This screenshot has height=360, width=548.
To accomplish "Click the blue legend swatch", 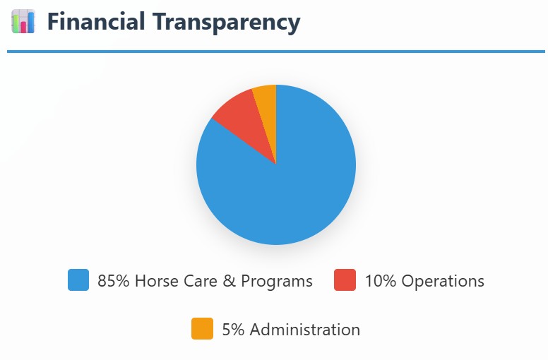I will [78, 280].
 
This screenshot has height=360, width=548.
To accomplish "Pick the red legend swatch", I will [345, 280].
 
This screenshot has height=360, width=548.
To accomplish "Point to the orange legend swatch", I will [202, 329].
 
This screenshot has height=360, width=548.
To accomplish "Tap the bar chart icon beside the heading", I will [23, 22].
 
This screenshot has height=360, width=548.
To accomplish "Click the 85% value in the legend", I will [113, 281].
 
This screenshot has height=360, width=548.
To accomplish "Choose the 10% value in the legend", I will [381, 281].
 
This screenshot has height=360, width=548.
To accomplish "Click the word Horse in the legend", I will [155, 281].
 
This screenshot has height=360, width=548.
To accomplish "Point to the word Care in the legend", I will [200, 281].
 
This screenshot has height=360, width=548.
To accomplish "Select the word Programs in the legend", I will [277, 281].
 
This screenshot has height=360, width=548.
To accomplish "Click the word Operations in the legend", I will [443, 281].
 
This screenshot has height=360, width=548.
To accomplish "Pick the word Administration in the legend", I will [305, 330].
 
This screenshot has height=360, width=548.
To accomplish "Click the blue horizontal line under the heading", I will [275, 52].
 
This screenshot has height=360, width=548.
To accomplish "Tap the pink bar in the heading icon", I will [23, 27].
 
